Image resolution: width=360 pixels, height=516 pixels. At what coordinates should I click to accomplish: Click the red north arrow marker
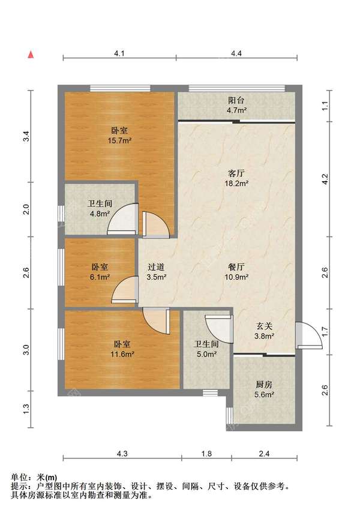[x=31, y=55]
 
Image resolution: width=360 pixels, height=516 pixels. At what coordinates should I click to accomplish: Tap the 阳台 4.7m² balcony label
[x=236, y=105]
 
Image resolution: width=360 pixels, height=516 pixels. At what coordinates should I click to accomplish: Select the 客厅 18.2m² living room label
[x=236, y=178]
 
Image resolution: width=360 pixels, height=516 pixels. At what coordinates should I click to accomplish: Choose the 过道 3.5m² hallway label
[x=157, y=272]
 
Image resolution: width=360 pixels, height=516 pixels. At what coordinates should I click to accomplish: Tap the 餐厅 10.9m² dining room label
[x=236, y=272]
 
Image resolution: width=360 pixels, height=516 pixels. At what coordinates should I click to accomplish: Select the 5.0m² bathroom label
[x=206, y=349]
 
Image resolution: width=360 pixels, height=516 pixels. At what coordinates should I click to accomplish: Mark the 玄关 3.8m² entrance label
[x=264, y=331]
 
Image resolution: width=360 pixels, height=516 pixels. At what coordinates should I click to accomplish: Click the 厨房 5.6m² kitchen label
[x=264, y=389]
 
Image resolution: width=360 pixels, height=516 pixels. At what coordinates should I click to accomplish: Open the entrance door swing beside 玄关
[x=308, y=335]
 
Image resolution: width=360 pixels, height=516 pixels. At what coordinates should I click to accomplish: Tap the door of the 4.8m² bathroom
[x=122, y=220]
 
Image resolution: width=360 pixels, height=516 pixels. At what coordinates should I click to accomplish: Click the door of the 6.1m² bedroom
[x=125, y=290]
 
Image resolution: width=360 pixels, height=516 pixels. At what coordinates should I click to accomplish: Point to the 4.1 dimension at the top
[x=119, y=53]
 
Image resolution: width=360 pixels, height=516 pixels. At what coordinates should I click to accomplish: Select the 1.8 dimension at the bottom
[x=206, y=454]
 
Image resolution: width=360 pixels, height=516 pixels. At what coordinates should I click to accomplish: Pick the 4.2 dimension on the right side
[x=325, y=179]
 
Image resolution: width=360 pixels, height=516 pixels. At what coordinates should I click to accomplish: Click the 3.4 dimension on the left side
[x=26, y=136]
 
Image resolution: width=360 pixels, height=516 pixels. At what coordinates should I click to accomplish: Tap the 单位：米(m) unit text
[x=34, y=477]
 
